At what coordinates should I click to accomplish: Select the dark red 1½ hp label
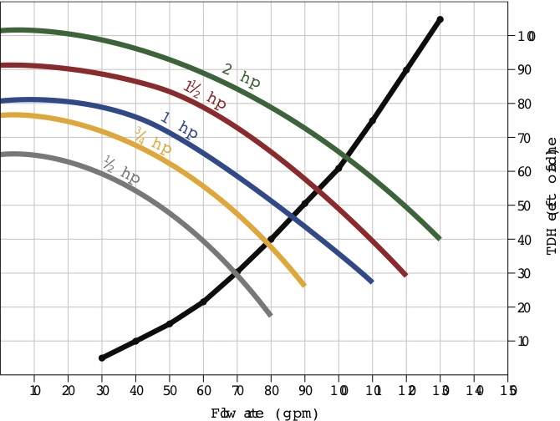click(x=205, y=95)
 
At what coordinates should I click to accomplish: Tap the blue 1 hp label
click(x=179, y=126)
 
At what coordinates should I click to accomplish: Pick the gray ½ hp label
click(x=121, y=170)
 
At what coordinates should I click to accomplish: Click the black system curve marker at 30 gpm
click(x=102, y=358)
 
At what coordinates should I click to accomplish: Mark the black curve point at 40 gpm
click(x=135, y=341)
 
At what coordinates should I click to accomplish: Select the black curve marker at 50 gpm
click(x=170, y=323)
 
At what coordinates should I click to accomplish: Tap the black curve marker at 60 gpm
click(x=203, y=302)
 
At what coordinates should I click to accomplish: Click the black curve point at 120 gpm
click(x=406, y=70)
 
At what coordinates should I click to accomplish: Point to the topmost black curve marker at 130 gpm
click(x=440, y=19)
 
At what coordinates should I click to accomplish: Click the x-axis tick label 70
click(x=237, y=390)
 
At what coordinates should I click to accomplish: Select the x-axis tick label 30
click(x=102, y=390)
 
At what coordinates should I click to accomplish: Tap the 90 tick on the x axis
click(x=305, y=390)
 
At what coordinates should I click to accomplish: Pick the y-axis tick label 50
click(x=523, y=205)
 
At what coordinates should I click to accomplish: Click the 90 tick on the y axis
click(x=523, y=70)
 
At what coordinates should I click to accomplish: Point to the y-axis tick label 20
click(x=523, y=307)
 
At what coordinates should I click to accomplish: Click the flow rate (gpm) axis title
click(x=265, y=413)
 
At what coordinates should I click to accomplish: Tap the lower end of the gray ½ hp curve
click(x=270, y=314)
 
